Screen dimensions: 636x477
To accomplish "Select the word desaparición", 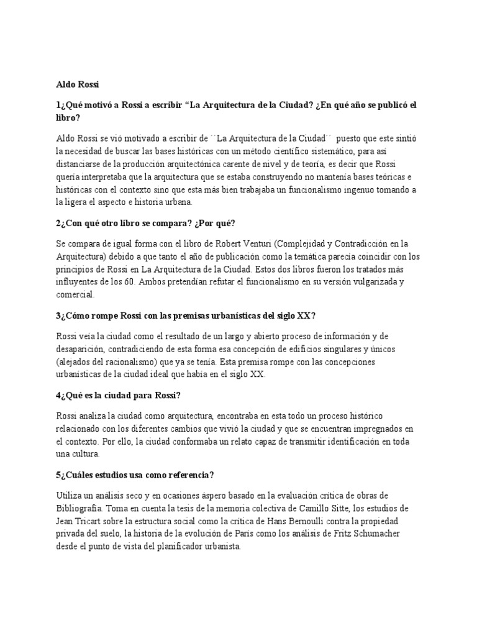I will click(85, 348).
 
